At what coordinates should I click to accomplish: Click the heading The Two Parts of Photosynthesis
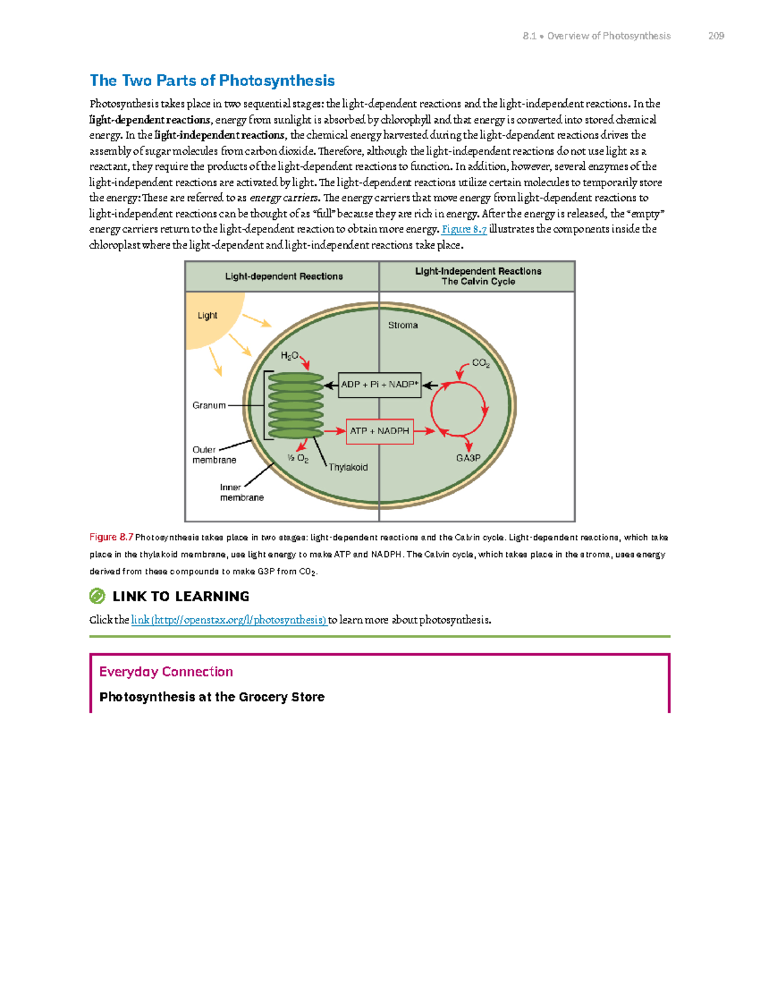(x=212, y=80)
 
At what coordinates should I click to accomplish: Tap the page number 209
(x=716, y=36)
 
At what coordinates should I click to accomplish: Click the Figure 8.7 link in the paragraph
(x=464, y=229)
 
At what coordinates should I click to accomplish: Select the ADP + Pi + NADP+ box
(x=379, y=385)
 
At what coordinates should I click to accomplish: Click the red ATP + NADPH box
(x=379, y=431)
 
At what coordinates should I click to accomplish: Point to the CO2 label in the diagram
(x=481, y=363)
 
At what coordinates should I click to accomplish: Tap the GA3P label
(x=469, y=458)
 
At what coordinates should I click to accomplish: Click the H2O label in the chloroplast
(x=289, y=356)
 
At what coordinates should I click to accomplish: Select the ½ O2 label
(x=298, y=458)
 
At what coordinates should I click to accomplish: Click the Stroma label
(x=403, y=325)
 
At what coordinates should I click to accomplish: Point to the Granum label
(x=209, y=406)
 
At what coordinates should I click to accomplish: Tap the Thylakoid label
(x=348, y=468)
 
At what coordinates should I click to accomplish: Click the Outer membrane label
(x=214, y=455)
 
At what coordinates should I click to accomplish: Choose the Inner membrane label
(x=241, y=492)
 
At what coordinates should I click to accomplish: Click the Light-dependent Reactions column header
(x=284, y=276)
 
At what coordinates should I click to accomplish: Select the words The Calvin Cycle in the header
(x=478, y=282)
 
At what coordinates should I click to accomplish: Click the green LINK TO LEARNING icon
(x=97, y=596)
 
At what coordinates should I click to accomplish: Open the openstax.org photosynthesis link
(x=229, y=620)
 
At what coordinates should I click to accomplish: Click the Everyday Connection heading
(x=166, y=672)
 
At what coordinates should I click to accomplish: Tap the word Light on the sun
(x=207, y=316)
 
